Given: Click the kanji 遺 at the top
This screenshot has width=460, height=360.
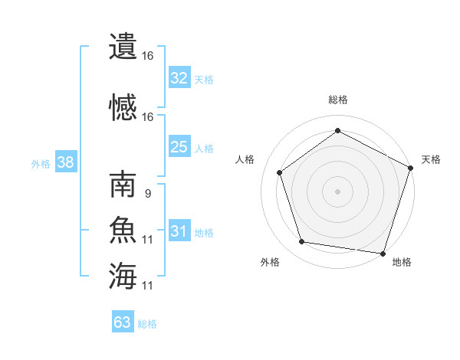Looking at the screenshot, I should point(123,47).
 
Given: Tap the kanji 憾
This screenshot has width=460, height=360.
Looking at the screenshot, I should point(123,108).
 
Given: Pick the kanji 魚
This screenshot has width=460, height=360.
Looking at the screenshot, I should point(123,231).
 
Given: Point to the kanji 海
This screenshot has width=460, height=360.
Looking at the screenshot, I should point(123,277).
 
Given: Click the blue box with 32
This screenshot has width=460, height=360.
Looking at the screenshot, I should point(179,78).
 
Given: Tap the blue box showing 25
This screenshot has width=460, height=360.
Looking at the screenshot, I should point(179,147).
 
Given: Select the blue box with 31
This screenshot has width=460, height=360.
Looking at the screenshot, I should point(179,231).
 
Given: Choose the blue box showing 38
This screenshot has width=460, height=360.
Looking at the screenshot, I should point(64,162).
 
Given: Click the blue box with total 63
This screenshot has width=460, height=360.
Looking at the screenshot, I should point(123,322).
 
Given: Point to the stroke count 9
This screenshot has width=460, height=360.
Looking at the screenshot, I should point(147,194).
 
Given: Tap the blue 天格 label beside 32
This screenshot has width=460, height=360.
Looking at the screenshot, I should point(204,80).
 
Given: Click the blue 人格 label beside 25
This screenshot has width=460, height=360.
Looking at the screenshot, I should point(204,149).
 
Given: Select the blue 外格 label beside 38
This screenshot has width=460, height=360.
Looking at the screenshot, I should point(41,163).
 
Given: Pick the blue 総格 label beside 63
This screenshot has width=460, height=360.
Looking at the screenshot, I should point(147,324).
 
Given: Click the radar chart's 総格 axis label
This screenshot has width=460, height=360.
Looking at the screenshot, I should point(337,100).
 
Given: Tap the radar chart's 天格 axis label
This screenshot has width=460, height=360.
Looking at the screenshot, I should point(431,159).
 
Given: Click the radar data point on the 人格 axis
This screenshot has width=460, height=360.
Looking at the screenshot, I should point(280,172).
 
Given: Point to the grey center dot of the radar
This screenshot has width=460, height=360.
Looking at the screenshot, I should point(337,191).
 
